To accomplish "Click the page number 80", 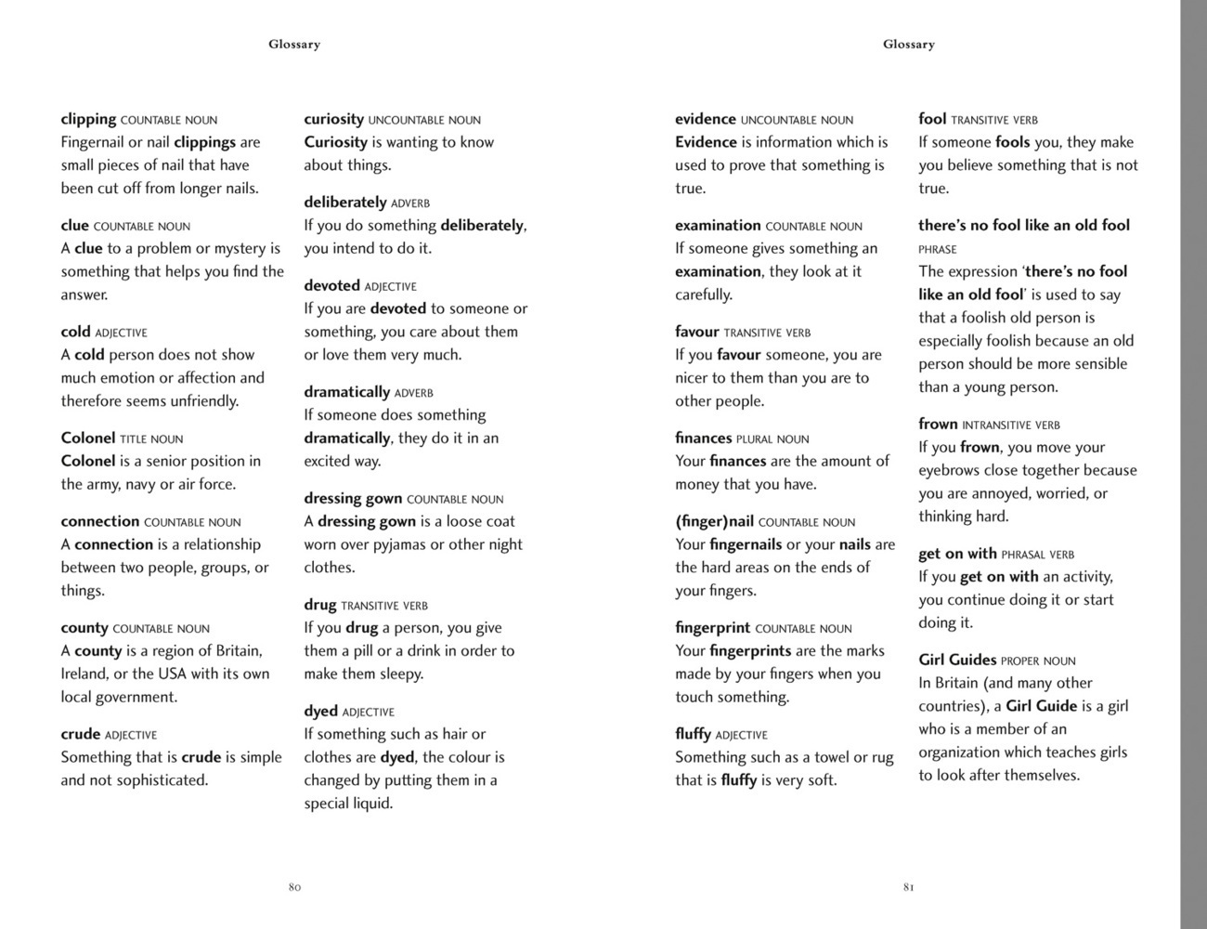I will [294, 887].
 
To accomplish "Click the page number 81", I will [909, 887].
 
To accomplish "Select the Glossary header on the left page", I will [294, 44].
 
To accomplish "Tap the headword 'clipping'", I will [88, 119].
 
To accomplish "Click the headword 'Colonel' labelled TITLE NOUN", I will [88, 438].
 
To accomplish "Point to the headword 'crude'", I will [80, 734].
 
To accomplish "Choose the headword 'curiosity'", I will [333, 119].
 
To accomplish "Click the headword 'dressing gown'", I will [353, 498].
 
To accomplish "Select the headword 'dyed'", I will [320, 711].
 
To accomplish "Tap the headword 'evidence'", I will [706, 119].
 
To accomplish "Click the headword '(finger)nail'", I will [714, 521].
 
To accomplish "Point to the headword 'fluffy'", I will [693, 734].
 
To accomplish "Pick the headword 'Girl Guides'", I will [957, 660].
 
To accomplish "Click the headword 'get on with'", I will [957, 554].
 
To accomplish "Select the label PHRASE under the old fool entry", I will [938, 250].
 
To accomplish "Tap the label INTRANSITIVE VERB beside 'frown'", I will [1011, 425].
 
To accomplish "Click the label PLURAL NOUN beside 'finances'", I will [772, 439].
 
